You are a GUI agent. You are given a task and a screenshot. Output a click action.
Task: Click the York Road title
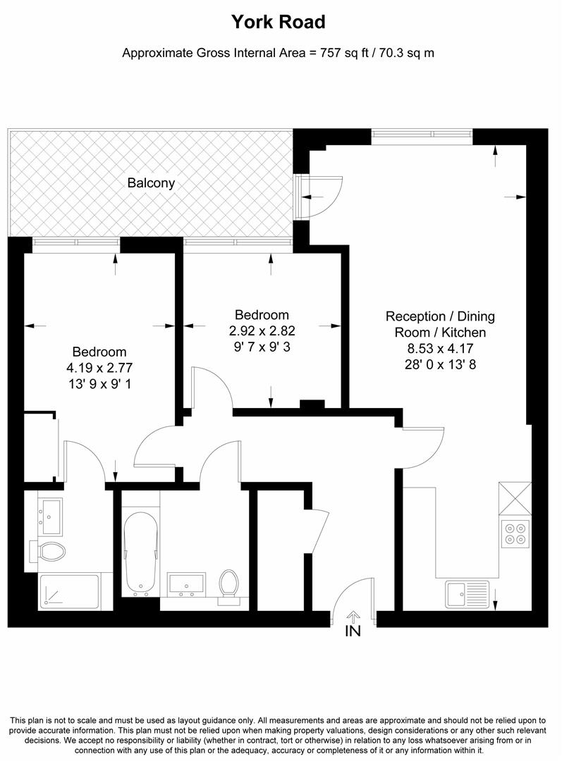pos(279,23)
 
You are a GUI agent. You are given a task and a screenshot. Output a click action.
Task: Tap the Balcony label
pos(151,183)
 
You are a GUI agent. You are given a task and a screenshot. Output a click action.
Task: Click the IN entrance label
pos(353,631)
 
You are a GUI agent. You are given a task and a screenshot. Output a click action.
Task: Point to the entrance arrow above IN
pos(353,617)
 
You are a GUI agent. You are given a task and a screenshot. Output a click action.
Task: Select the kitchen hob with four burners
pos(513,533)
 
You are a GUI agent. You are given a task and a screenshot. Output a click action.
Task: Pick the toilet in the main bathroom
pos(228,587)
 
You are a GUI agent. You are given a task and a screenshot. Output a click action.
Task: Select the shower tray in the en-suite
pos(68,591)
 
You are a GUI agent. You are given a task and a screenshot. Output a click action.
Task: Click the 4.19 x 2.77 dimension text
pos(99,366)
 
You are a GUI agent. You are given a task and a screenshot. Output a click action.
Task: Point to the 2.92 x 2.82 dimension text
pos(262,330)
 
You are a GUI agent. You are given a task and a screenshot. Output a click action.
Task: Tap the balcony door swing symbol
pos(321,196)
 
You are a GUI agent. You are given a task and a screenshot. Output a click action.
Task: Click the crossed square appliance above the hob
pos(513,499)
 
